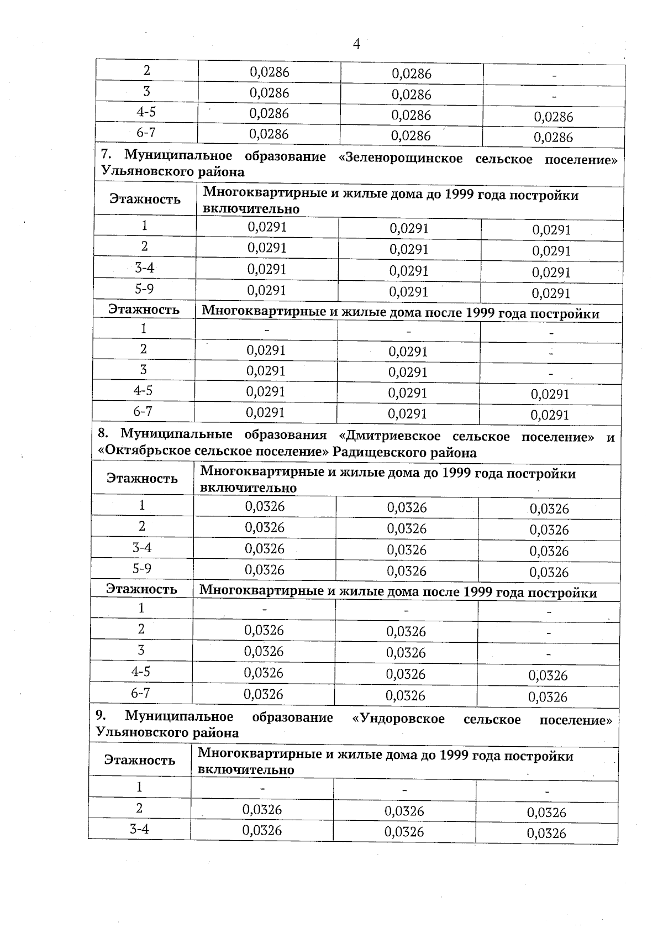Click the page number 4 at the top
tap(356, 44)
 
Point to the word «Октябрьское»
tap(145, 452)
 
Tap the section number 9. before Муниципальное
tap(101, 715)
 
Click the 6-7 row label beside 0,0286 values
tap(146, 133)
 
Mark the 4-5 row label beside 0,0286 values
tap(146, 112)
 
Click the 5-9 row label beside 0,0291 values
tap(144, 289)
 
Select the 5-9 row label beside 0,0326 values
tap(142, 568)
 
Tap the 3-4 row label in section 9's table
tap(139, 829)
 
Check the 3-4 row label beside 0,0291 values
tap(144, 268)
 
